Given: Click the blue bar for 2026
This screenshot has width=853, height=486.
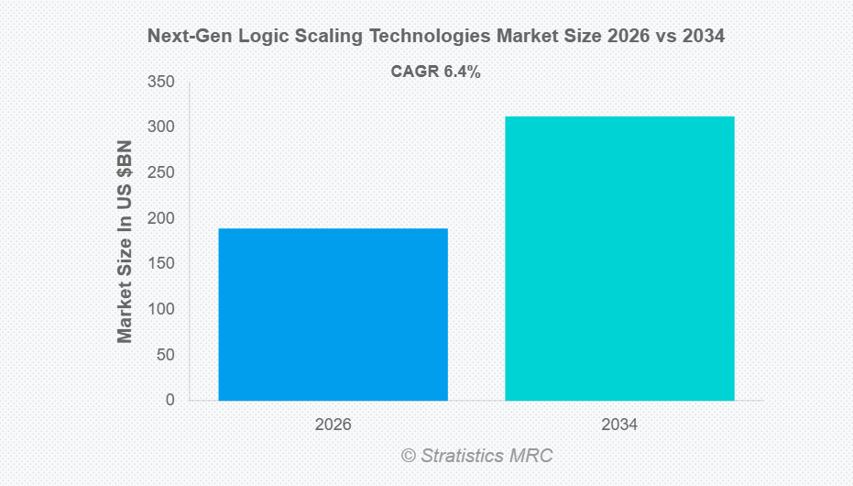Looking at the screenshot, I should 333,314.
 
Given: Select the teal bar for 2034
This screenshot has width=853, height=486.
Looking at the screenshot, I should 619,258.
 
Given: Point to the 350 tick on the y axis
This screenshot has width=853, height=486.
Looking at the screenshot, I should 161,83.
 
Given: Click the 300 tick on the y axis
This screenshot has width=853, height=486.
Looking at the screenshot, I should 161,127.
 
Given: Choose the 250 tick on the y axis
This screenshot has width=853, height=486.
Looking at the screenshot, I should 161,173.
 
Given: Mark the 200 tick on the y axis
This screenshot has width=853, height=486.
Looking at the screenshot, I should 161,218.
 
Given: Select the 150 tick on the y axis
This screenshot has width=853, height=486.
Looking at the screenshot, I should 161,264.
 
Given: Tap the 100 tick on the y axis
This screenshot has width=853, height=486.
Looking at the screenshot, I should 161,309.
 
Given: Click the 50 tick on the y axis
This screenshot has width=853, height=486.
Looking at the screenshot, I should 166,355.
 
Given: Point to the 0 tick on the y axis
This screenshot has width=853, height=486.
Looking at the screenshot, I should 170,400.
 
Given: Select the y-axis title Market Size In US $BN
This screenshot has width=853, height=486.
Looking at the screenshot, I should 126,241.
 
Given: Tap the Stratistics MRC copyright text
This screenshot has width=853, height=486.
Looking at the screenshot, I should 476,455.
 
